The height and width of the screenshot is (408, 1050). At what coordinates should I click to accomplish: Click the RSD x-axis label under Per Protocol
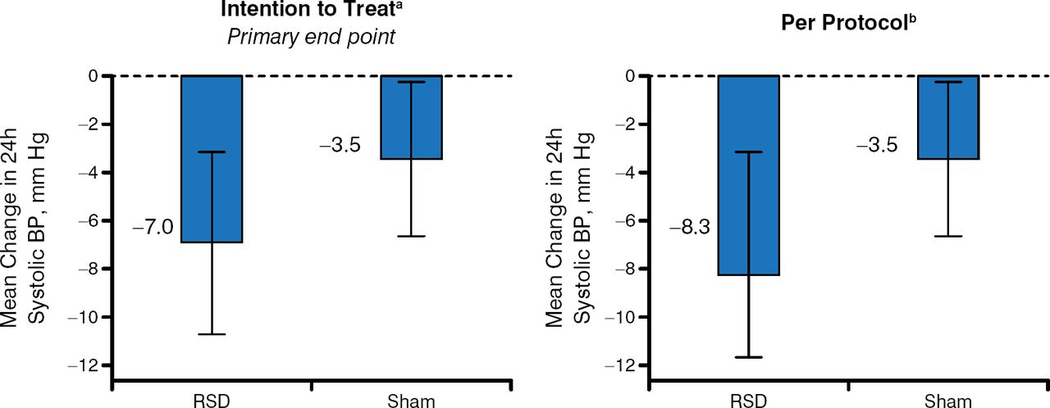pos(748,399)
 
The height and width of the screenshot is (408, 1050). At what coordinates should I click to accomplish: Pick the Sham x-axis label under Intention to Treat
pos(411,399)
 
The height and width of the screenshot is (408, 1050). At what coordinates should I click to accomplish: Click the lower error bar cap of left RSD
pos(212,334)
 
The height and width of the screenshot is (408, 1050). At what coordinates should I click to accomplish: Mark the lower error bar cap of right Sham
pos(947,236)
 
